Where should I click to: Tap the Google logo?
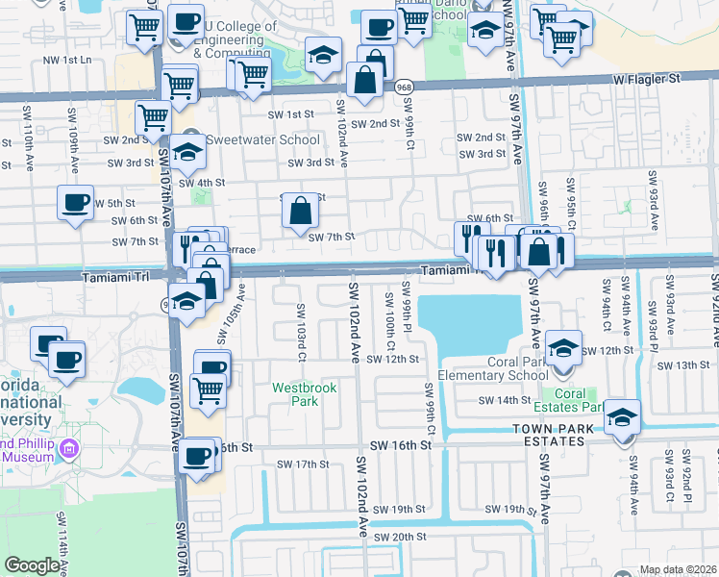32,565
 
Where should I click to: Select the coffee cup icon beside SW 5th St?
75,203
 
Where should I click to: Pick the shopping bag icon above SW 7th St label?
301,212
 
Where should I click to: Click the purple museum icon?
68,449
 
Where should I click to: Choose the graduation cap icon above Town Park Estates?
622,417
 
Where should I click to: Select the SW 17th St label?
303,464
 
